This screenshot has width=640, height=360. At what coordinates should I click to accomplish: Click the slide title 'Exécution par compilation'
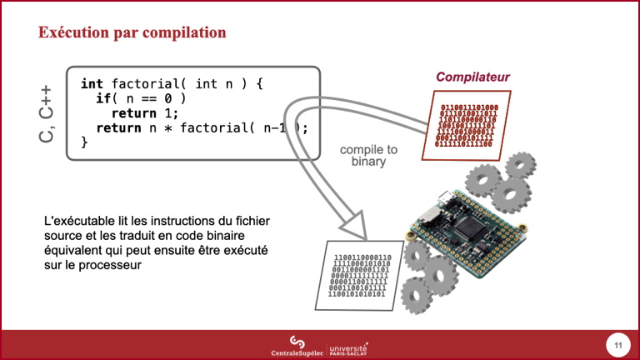(132, 32)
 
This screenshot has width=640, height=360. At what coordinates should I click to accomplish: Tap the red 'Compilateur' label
(472, 77)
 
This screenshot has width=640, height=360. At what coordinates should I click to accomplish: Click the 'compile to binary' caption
(369, 155)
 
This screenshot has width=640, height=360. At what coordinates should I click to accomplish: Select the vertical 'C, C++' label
(47, 113)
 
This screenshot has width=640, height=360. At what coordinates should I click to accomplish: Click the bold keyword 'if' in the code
(102, 98)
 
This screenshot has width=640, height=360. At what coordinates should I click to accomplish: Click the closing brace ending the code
(84, 142)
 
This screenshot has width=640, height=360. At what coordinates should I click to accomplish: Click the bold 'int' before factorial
(92, 83)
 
